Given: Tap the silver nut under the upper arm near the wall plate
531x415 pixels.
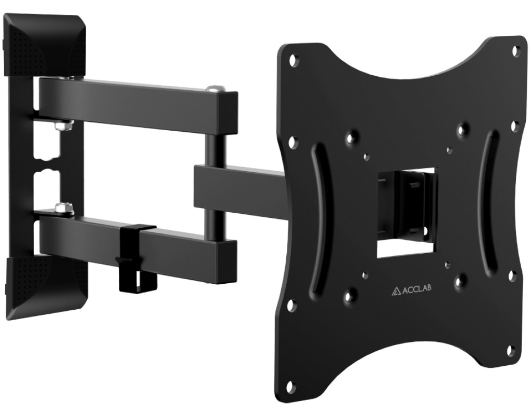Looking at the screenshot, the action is (63, 126).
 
